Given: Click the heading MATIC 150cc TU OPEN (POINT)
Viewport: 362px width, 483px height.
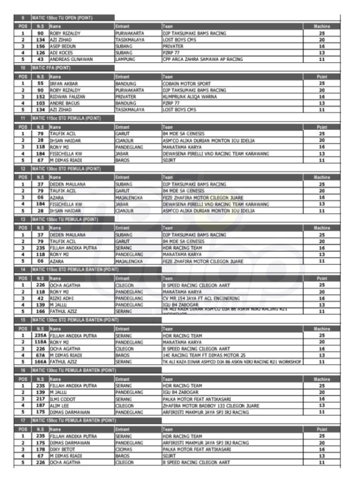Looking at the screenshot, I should pos(62,18).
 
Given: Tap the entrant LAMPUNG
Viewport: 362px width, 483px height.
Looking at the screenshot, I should pos(125,59).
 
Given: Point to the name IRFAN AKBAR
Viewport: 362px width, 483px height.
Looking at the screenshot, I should pos(64,83).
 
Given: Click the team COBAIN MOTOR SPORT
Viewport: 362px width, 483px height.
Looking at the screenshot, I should pos(187,83).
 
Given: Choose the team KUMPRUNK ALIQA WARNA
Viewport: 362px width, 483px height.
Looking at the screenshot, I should pos(190,97).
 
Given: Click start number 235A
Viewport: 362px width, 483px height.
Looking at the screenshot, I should pos(41,336).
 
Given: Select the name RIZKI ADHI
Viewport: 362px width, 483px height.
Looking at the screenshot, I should pos(61,298).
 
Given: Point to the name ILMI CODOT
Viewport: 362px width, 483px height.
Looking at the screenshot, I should pos(62,399).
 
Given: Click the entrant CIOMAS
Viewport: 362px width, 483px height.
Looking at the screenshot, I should pos(124,450).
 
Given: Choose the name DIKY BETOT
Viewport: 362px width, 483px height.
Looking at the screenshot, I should pos(62,450).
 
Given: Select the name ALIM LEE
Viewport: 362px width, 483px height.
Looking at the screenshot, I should pos(59,406).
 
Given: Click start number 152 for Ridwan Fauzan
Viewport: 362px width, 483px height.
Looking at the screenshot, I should pos(41,97).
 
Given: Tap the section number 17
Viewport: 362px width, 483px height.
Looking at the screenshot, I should pos(23,420).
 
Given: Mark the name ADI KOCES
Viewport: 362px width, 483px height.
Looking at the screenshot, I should pos(61,53).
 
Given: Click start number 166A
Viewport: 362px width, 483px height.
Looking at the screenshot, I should pos(41,362).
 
